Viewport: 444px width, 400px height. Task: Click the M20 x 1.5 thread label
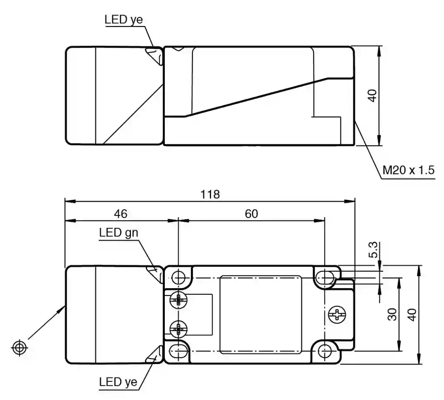[408, 170]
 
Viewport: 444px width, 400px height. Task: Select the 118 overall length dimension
[210, 194]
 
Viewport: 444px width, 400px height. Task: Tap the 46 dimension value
[121, 214]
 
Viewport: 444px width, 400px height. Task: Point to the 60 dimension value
[251, 214]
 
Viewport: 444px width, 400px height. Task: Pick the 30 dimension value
[392, 314]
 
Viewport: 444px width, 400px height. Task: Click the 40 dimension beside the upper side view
[372, 95]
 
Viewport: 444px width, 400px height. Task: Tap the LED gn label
[118, 233]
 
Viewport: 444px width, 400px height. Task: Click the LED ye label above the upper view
[124, 20]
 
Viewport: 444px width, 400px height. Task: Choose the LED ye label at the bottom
[118, 382]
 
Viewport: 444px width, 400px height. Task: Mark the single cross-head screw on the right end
[337, 314]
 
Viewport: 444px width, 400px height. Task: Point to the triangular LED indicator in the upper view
[153, 55]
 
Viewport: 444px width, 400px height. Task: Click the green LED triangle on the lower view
[153, 273]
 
